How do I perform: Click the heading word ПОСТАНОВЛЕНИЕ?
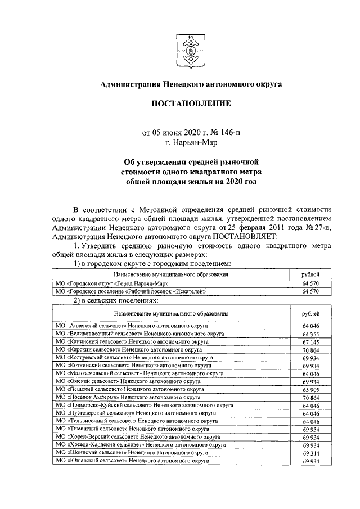click(x=191, y=104)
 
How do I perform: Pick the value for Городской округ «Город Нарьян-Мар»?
click(x=310, y=283)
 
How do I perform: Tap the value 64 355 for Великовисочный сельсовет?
click(x=310, y=334)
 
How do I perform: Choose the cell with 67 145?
click(x=310, y=341)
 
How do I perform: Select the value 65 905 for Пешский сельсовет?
click(x=310, y=389)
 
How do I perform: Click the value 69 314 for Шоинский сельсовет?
click(x=310, y=452)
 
